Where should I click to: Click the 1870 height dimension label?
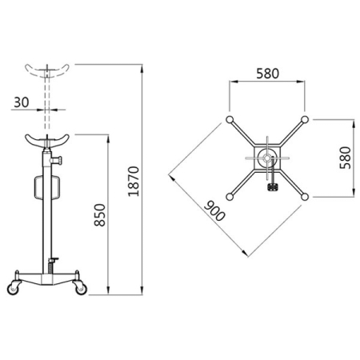point(134,182)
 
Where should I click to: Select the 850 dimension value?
point(100,215)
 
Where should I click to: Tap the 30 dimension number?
point(22,102)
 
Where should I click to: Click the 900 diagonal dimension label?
point(214,211)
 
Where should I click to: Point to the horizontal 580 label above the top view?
point(267,74)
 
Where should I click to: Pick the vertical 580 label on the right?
point(346,158)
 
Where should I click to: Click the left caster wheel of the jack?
point(14,288)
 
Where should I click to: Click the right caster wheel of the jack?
point(81,288)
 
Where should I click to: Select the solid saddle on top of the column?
point(47,141)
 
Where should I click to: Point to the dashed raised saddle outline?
point(47,71)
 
